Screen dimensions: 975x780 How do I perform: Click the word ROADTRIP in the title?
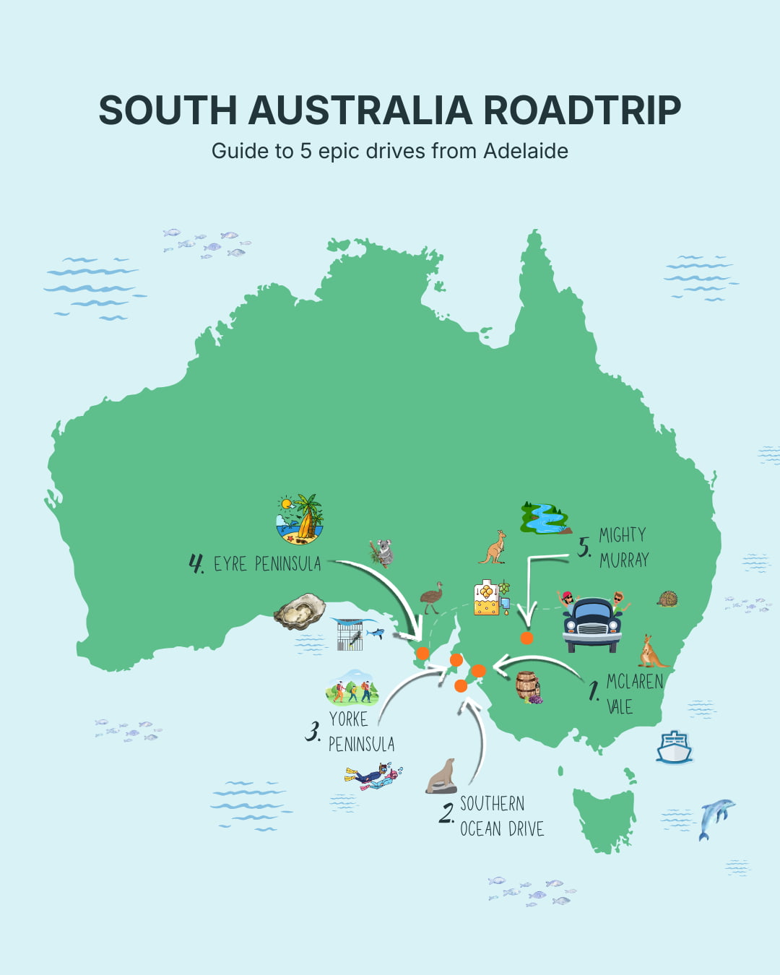point(581,110)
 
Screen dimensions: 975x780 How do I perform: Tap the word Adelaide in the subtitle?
point(525,151)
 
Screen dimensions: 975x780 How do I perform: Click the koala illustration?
point(381,552)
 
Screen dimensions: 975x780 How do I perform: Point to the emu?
point(432,597)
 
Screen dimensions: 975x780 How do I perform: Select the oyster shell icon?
point(300,611)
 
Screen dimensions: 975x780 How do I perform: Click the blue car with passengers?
point(593,623)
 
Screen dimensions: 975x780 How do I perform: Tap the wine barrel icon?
point(528,687)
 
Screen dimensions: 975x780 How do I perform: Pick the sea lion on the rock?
point(442,776)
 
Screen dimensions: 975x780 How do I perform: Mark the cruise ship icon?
point(674,747)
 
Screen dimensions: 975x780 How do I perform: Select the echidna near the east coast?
point(667,599)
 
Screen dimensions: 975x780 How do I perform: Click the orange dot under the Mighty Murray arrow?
point(526,638)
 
